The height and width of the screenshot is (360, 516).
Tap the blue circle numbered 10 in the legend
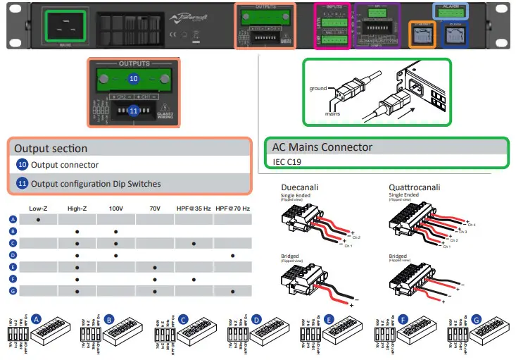(x=23, y=165)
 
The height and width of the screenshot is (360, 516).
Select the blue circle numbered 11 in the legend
(x=23, y=184)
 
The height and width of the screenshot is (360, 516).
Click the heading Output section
(x=51, y=148)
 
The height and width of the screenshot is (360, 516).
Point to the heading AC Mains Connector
(x=322, y=147)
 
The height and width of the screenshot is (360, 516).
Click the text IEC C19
(x=287, y=161)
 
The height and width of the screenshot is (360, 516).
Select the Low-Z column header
(x=37, y=209)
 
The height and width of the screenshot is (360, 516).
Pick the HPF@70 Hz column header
(x=234, y=209)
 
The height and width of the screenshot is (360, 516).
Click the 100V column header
(x=115, y=209)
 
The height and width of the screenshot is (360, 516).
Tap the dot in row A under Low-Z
(x=37, y=220)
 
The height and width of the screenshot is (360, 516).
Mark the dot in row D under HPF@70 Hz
(x=232, y=255)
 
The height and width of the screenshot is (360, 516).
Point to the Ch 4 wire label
(x=482, y=225)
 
